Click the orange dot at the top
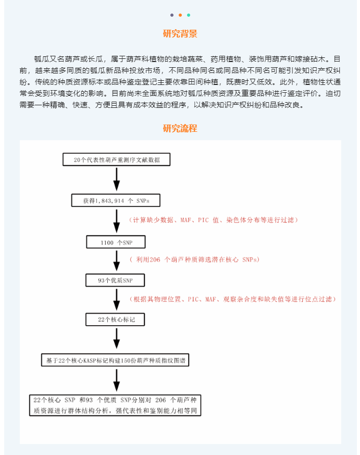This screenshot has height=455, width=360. pos(180,15)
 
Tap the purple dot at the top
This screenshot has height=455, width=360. pos(172,15)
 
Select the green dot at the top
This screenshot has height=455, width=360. pos(189,15)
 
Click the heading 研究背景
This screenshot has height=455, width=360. pos(180,34)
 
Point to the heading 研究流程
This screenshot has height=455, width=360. pos(180,128)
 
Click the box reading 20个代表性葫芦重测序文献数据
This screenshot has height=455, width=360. pos(116,159)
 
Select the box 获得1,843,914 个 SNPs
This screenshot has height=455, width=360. pos(116,201)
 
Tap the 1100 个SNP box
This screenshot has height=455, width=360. pos(116,242)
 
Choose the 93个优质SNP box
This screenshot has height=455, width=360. pos(115,280)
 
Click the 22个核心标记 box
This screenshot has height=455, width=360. pos(115,319)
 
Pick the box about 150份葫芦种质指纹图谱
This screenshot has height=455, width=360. pos(115,360)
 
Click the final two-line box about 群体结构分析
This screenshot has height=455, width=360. pos(115,405)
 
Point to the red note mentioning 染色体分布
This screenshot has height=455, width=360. pos(214,220)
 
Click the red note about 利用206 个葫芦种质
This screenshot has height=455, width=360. pos(194,260)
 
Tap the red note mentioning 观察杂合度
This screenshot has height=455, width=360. pos(233,299)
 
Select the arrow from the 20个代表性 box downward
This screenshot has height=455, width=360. pos(117,179)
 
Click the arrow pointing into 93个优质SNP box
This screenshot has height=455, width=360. pos(117,261)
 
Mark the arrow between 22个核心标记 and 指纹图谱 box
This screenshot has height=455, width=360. pos(117,338)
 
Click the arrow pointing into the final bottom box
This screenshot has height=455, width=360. pos(117,380)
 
